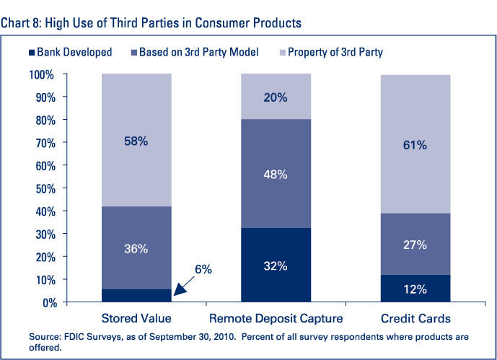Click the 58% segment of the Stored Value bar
pos(136,141)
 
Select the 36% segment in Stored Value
pos(136,248)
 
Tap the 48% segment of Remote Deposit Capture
pos(276,174)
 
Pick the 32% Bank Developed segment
pos(276,265)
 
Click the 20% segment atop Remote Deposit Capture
pos(276,97)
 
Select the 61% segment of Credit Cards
pos(415,145)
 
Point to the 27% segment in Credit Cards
pos(415,244)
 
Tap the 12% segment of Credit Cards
pos(415,289)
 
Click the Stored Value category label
pos(136,319)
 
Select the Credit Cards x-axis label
pos(415,319)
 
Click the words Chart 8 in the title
pos(21,22)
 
